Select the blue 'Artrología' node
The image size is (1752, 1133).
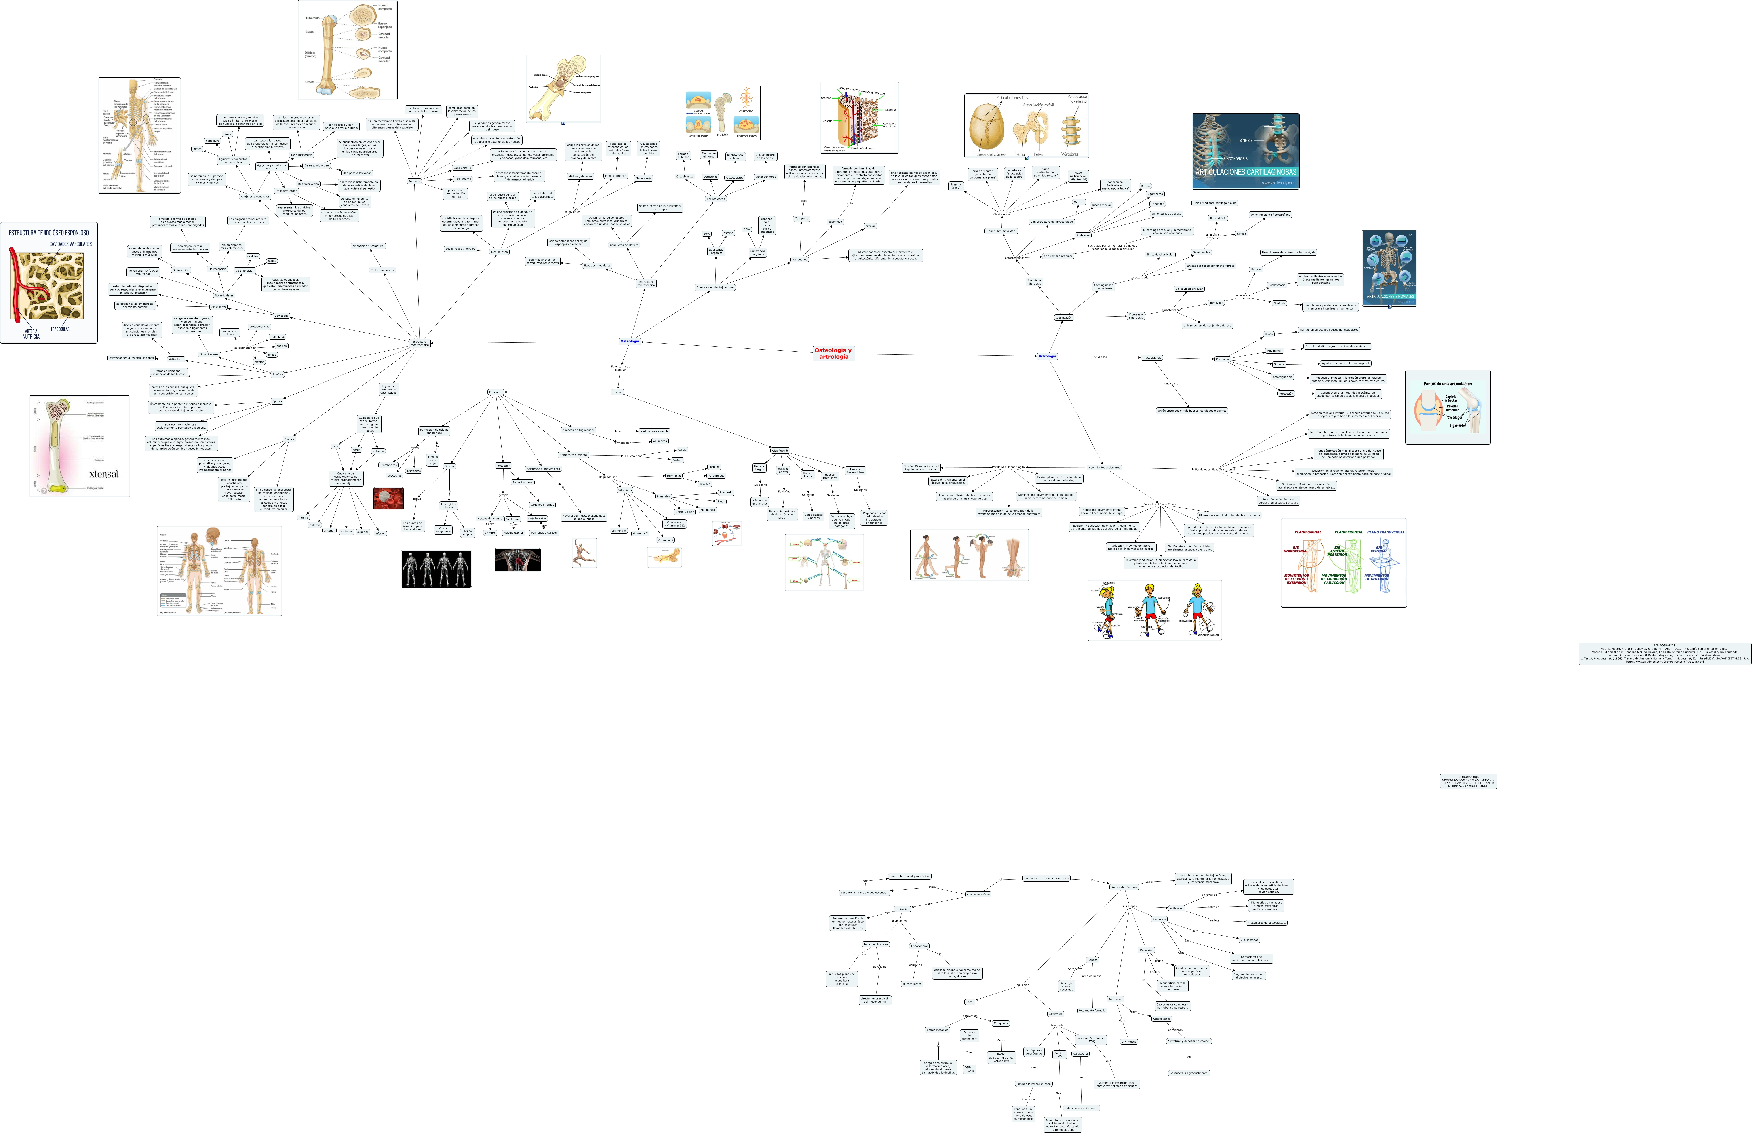pyautogui.click(x=1047, y=356)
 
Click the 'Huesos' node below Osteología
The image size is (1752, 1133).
pyautogui.click(x=617, y=392)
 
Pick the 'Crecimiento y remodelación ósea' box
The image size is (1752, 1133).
pyautogui.click(x=1046, y=878)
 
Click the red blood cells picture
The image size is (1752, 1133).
pyautogui.click(x=388, y=498)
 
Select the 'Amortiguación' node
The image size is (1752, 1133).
pyautogui.click(x=1282, y=377)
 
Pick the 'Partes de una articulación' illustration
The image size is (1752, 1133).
pyautogui.click(x=1447, y=407)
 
